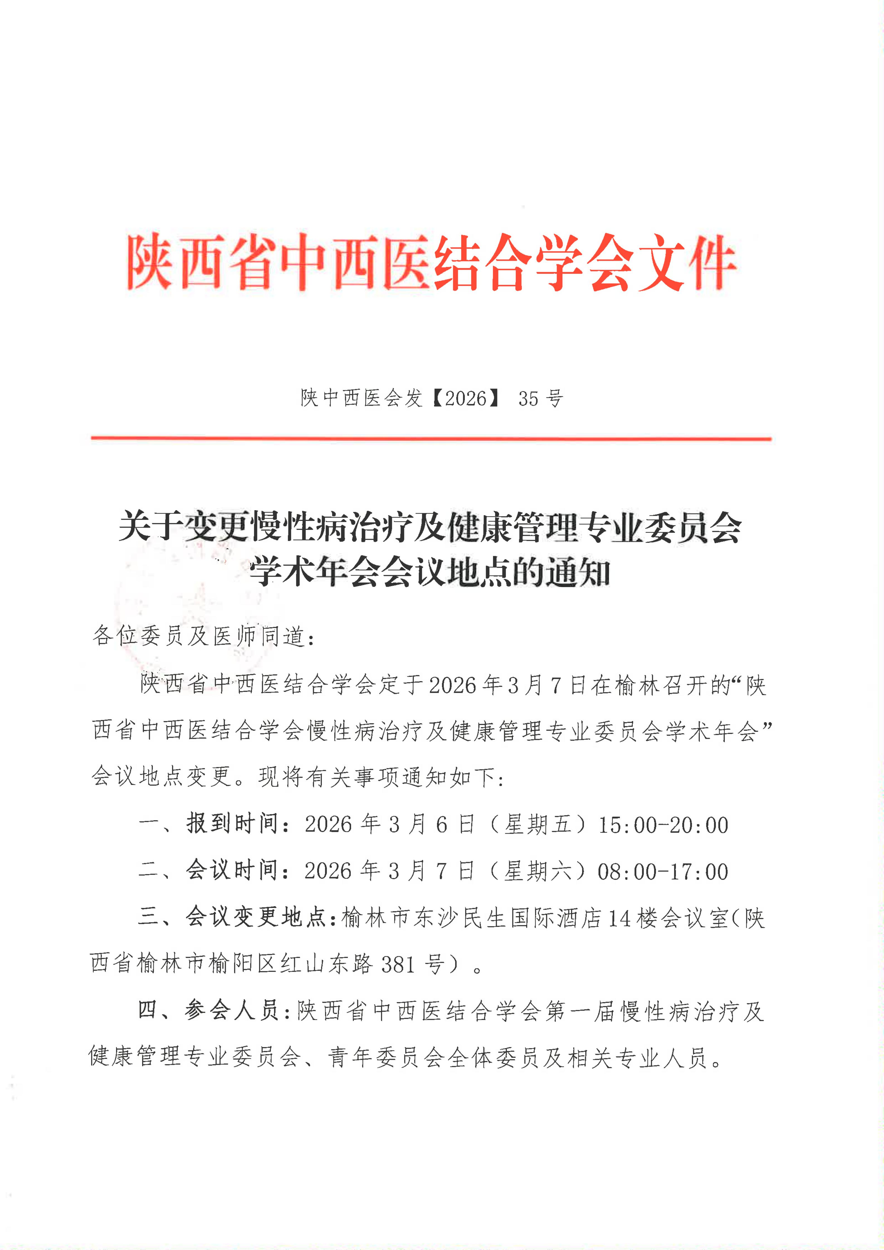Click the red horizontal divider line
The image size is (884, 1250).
430,438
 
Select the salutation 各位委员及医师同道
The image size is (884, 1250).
199,636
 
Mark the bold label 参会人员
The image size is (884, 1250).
231,1011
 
